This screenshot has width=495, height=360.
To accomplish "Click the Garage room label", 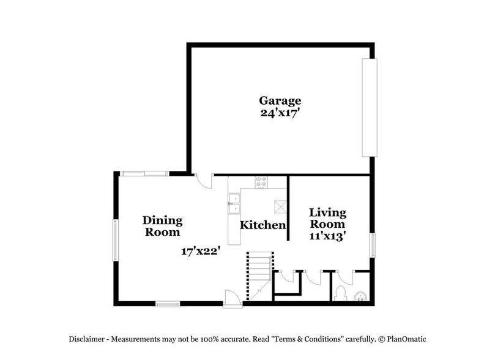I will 280,100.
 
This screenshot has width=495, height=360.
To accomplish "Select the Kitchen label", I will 262,225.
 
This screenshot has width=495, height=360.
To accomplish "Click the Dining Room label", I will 162,226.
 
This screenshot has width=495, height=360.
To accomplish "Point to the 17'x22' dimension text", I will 200,250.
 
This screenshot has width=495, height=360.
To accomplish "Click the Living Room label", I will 327,219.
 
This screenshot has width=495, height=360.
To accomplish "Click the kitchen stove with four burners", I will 262,182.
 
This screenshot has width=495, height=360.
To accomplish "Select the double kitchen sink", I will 234,204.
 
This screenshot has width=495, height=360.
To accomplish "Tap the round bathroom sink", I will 362,298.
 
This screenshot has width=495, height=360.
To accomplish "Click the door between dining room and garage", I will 204,181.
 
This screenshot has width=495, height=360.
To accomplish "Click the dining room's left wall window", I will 114,239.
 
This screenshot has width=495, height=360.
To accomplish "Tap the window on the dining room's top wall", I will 145,174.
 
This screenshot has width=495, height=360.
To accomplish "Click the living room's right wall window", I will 372,244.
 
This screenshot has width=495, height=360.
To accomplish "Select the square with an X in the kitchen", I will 280,206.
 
